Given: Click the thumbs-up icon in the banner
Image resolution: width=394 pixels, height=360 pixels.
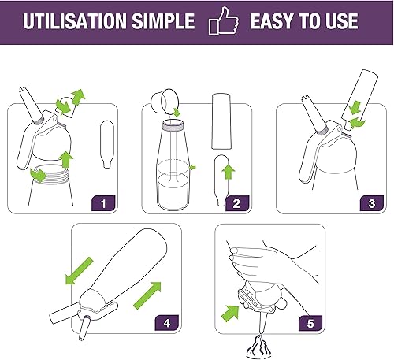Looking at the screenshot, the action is tap(224, 21).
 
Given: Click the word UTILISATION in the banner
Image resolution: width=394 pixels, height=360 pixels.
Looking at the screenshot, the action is tap(75, 21).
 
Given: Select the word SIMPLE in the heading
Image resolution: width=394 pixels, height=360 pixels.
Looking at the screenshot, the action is tap(163, 21).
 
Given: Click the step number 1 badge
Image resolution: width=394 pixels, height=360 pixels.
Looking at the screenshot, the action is tap(103, 203).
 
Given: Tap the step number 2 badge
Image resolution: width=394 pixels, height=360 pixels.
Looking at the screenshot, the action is tap(236, 203).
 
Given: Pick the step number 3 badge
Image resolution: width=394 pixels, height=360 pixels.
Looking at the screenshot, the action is tap(372, 203).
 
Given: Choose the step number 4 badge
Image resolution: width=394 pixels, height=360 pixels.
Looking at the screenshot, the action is tap(167, 323).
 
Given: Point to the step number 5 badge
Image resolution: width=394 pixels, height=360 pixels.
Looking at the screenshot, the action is tap(310, 323).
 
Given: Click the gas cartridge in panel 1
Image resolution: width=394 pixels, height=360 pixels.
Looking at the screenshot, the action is tap(107, 144).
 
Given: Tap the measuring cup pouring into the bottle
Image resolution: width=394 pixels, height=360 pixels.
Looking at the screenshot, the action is tap(165, 101).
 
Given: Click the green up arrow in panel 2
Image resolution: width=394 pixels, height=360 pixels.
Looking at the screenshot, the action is tap(229, 172).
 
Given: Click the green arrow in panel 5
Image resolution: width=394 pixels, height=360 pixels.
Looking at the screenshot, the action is tap(230, 313).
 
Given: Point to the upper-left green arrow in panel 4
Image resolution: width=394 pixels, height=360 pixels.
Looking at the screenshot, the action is tap(79, 271).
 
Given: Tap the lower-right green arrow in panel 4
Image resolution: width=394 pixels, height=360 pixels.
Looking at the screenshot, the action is tap(147, 295).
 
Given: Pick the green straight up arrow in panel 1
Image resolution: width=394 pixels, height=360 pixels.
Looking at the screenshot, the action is tap(65, 159).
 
